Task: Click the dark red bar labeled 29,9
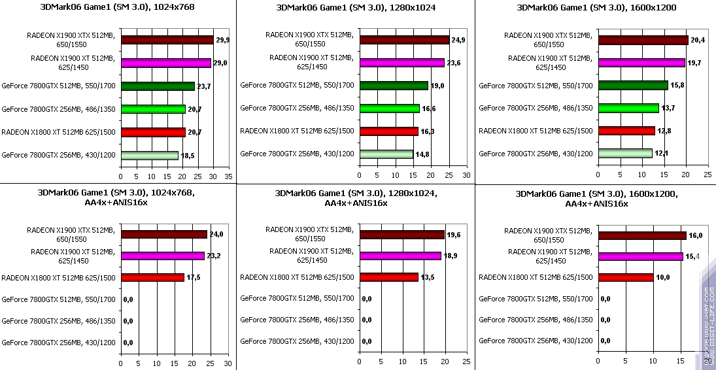[x=167, y=40]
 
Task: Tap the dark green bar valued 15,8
[x=634, y=86]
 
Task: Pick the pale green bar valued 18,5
[x=149, y=156]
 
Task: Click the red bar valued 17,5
[x=152, y=277]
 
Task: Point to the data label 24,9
[x=458, y=41]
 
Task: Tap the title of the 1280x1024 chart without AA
[x=356, y=8]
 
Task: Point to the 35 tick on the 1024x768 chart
[x=228, y=177]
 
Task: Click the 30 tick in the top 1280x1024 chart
[x=466, y=177]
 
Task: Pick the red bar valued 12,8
[x=627, y=131]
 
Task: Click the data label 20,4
[x=698, y=41]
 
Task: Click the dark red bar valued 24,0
[x=163, y=234]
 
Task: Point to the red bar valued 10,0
[x=625, y=277]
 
